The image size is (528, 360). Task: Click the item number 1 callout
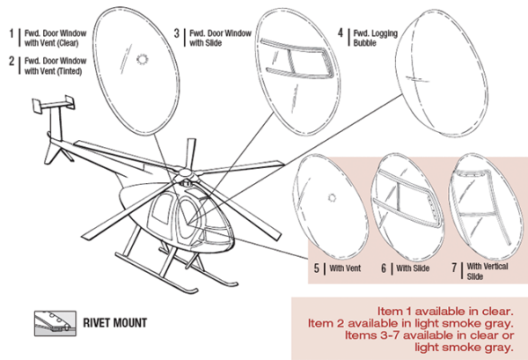tap(11, 35)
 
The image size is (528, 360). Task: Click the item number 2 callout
tap(11, 63)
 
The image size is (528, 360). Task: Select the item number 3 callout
tap(177, 35)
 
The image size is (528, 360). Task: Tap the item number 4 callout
tap(341, 35)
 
